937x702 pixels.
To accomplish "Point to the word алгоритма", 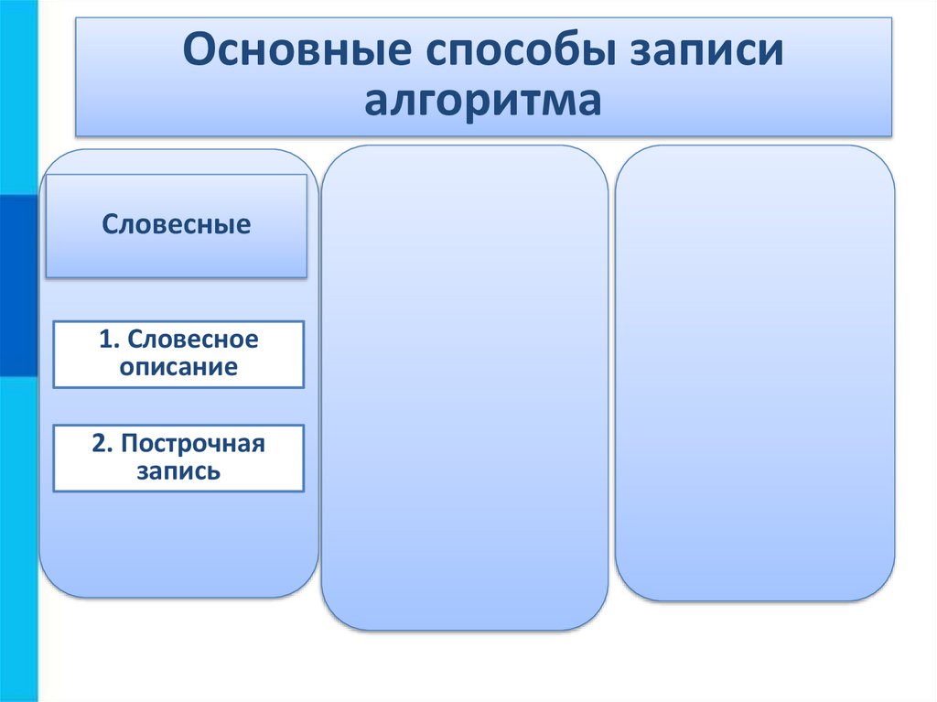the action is pyautogui.click(x=483, y=100).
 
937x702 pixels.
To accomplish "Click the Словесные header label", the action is pyautogui.click(x=176, y=224).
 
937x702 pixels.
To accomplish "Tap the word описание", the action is pyautogui.click(x=178, y=368).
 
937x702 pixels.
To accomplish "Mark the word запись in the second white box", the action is pyautogui.click(x=178, y=472).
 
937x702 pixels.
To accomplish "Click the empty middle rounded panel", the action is pyautogui.click(x=464, y=384).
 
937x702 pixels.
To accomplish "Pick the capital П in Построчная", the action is pyautogui.click(x=128, y=445).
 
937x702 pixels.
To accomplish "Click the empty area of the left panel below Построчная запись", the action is pyautogui.click(x=178, y=545).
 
